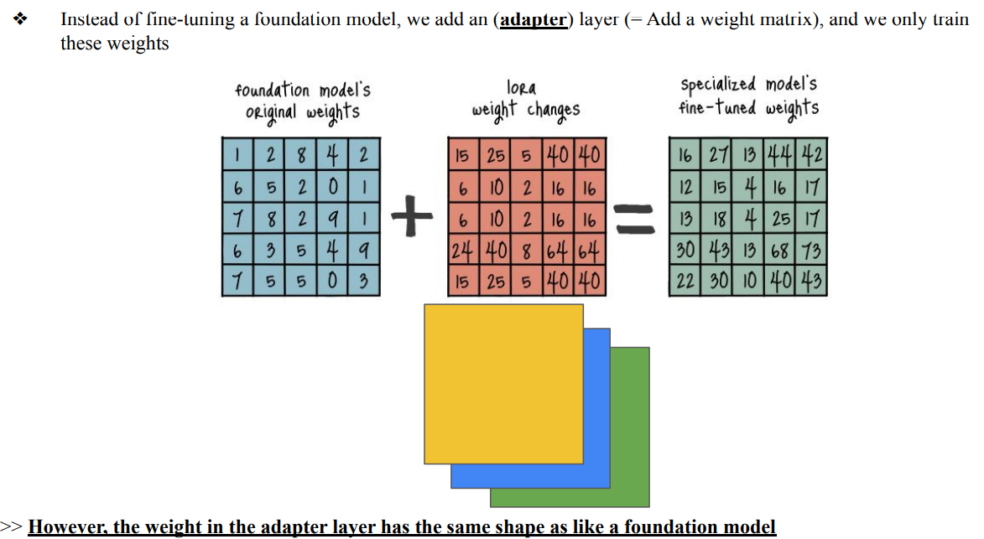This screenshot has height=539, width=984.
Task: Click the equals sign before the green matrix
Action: pos(637,219)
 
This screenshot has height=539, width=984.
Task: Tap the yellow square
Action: pos(503,383)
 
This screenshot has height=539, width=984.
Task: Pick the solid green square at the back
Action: pos(629,495)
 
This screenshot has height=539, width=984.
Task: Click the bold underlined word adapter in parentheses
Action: pos(534,19)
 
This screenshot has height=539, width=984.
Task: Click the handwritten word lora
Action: pos(522,87)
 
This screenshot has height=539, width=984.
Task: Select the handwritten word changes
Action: pos(554,110)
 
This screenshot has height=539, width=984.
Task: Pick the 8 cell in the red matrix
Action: pos(527,251)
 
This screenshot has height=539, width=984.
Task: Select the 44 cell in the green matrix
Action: pos(781,155)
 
